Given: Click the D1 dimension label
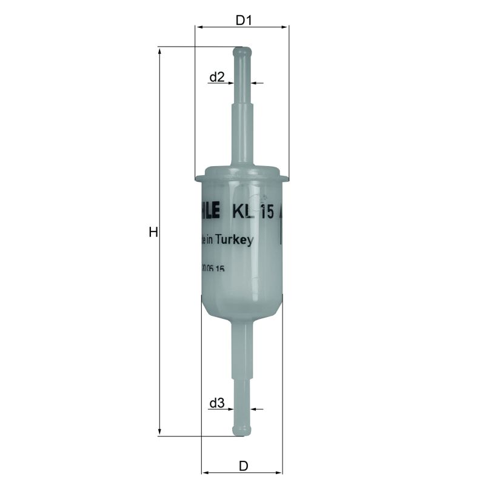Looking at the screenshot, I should pyautogui.click(x=243, y=20).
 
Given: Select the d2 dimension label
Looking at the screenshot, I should pyautogui.click(x=217, y=77).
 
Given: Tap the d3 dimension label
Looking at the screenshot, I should pyautogui.click(x=217, y=403).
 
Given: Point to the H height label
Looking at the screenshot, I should pyautogui.click(x=153, y=232).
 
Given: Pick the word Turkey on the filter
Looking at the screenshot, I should pyautogui.click(x=235, y=241).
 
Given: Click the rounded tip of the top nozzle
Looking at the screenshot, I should pyautogui.click(x=242, y=50).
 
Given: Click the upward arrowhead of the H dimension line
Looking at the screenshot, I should pyautogui.click(x=159, y=51).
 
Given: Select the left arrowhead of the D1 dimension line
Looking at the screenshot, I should pyautogui.click(x=199, y=27).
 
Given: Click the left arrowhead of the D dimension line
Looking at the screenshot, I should pyautogui.click(x=205, y=472).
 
